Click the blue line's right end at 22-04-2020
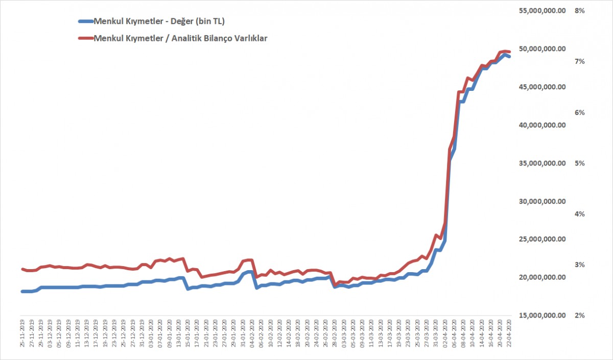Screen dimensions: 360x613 point(509,57)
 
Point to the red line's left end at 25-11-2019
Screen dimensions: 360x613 point(22,269)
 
